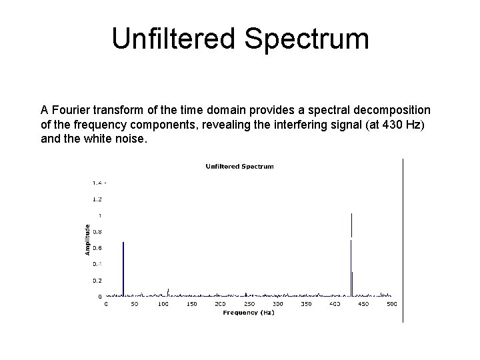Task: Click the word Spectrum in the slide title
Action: (306, 39)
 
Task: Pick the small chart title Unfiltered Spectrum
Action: (239, 166)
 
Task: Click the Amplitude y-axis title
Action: (87, 239)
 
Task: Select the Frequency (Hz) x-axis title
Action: (248, 312)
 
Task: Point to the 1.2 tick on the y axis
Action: (97, 199)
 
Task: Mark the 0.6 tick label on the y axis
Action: (97, 248)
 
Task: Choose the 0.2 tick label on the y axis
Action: (97, 281)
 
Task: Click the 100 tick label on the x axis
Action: (163, 304)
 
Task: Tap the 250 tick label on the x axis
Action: (249, 304)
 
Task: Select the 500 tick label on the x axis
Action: (391, 304)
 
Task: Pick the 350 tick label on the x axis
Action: (306, 304)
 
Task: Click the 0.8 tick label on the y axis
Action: (97, 231)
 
